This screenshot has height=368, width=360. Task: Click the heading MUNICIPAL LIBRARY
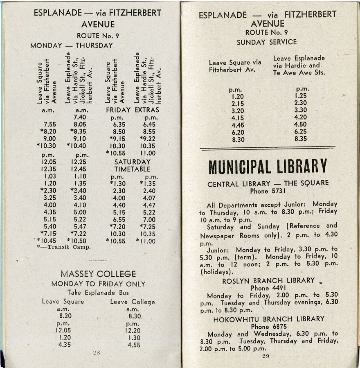[268, 167]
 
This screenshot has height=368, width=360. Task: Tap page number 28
[97, 352]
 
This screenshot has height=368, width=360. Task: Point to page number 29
[265, 356]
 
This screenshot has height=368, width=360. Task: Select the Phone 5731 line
[267, 191]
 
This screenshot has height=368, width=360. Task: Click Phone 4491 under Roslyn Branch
[268, 288]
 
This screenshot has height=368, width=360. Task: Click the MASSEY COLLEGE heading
[98, 273]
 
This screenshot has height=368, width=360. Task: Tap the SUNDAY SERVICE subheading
[267, 42]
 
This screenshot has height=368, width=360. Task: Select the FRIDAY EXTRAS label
[132, 110]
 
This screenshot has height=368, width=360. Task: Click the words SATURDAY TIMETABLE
[132, 165]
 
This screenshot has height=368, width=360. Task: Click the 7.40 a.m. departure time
[79, 117]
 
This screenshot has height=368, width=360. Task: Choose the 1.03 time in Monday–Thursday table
[50, 176]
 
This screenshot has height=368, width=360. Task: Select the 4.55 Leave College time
[134, 345]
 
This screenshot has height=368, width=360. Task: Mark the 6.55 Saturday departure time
[118, 219]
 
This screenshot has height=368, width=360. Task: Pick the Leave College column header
[133, 302]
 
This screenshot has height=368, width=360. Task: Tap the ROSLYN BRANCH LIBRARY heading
[268, 281]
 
